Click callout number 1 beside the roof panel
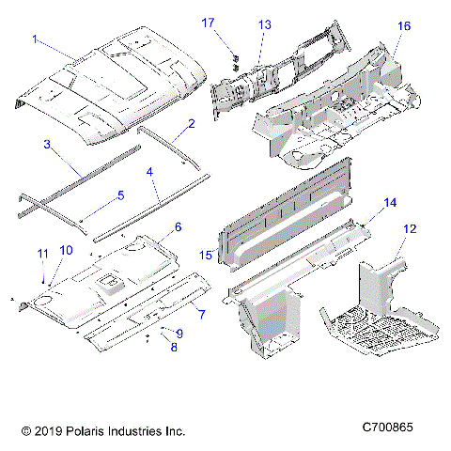(36, 39)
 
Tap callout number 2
(191, 124)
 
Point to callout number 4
(150, 173)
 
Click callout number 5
(119, 195)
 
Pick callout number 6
(178, 227)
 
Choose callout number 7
(198, 311)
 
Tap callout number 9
(179, 334)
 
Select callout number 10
(65, 250)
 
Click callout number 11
(40, 254)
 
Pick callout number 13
(264, 23)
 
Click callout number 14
(390, 202)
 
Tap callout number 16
(404, 26)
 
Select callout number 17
(208, 22)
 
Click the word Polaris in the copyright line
(87, 431)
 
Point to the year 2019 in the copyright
(44, 431)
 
